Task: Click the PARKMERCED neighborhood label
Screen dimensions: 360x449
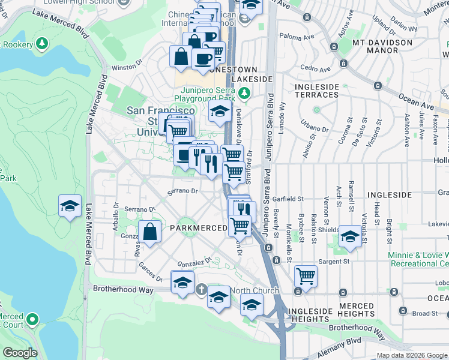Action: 198,228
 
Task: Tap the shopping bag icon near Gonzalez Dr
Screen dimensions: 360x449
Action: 150,231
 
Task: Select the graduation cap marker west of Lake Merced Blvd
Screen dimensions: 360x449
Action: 70,206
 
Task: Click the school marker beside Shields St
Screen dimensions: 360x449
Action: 349,236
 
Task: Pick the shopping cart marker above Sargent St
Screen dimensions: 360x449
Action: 306,276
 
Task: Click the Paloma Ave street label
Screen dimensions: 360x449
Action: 300,37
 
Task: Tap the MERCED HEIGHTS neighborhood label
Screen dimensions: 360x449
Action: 356,310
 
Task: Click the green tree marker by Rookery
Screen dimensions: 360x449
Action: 41,44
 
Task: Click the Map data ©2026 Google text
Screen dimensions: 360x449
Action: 411,355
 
